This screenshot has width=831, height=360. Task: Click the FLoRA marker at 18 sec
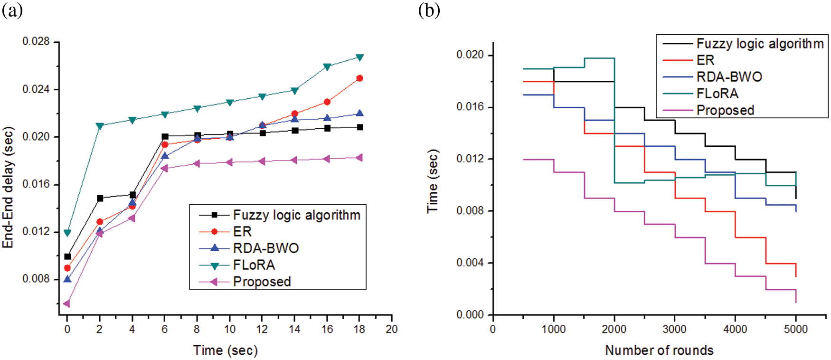click(359, 57)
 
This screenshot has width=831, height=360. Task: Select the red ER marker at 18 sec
click(359, 78)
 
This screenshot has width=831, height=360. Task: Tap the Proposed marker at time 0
click(67, 303)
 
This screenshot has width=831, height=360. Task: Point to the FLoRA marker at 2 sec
click(100, 126)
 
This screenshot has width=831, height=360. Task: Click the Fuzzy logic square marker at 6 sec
click(165, 136)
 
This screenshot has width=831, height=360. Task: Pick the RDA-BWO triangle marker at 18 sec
click(359, 114)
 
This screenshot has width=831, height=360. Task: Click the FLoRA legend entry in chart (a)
click(254, 265)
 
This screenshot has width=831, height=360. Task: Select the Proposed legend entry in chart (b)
click(725, 110)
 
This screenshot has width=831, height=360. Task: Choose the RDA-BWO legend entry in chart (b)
click(729, 77)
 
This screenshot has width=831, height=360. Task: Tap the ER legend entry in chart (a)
click(242, 232)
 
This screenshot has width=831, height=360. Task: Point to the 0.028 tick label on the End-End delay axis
click(36, 42)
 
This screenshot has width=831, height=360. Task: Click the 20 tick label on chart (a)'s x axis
click(392, 329)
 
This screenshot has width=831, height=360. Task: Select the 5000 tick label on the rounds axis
click(796, 329)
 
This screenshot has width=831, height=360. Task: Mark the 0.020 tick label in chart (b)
click(470, 55)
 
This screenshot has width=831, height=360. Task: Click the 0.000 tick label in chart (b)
click(470, 314)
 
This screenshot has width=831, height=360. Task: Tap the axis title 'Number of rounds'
click(659, 351)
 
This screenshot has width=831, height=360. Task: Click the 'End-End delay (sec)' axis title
click(8, 187)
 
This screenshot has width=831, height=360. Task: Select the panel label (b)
click(429, 10)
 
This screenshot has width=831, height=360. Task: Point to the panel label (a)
click(12, 10)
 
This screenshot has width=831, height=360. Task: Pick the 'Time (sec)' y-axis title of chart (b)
click(433, 181)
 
